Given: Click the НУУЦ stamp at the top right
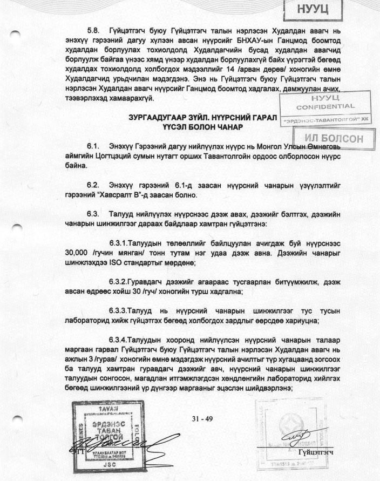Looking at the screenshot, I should (314, 10).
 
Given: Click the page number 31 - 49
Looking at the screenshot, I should (203, 418).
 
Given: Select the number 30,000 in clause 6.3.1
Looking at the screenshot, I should (78, 253).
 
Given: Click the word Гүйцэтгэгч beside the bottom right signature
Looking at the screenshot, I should (315, 451).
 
